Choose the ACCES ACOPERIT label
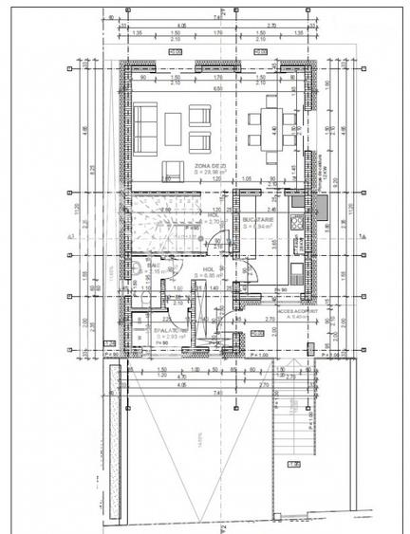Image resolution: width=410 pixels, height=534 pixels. click(295, 308)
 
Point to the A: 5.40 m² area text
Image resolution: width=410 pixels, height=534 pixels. click(295, 316)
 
